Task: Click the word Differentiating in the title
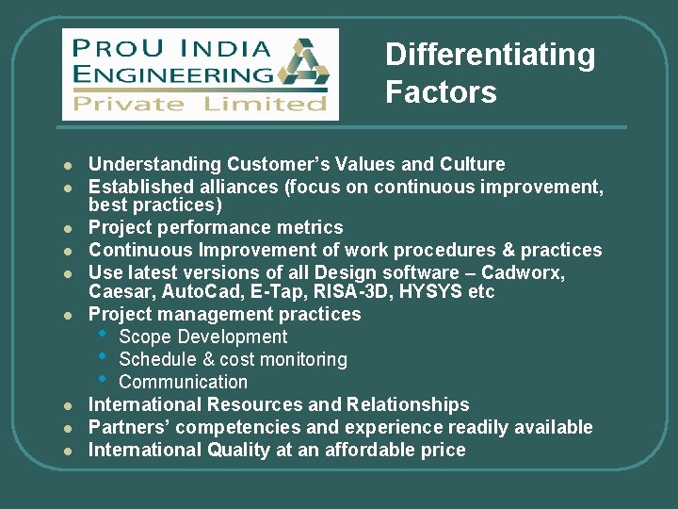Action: click(490, 56)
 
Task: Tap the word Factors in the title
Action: click(440, 92)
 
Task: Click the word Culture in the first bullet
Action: click(471, 164)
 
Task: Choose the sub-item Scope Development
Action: click(203, 337)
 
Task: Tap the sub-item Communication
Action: click(183, 382)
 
